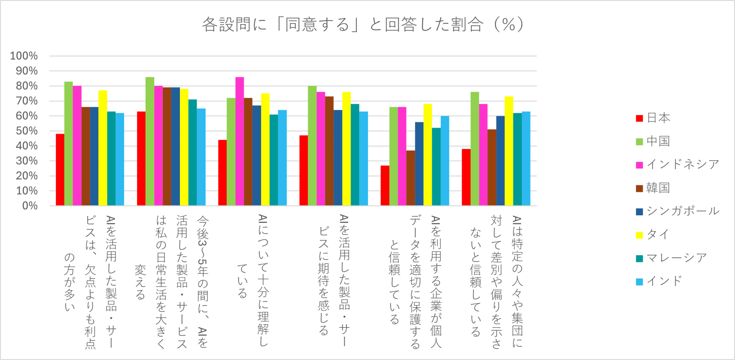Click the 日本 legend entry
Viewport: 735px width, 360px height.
click(x=653, y=118)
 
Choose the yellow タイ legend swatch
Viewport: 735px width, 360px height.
click(x=639, y=235)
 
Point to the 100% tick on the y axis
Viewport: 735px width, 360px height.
click(x=24, y=56)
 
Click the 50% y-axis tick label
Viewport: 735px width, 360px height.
click(x=26, y=131)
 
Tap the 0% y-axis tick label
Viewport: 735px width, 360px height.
click(x=29, y=206)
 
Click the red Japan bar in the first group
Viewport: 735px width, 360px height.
click(x=60, y=170)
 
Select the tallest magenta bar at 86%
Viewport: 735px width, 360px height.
click(x=240, y=141)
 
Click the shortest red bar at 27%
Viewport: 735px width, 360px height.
click(x=385, y=186)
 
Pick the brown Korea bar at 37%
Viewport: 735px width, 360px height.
click(x=411, y=178)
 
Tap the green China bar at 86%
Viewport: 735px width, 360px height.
click(x=150, y=141)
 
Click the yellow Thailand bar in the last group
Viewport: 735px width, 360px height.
click(x=509, y=151)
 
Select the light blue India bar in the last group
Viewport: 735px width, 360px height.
click(x=526, y=159)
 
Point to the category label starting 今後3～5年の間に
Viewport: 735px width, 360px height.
click(x=171, y=282)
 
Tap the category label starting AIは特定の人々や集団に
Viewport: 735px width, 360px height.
click(x=496, y=282)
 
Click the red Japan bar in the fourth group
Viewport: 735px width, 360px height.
click(x=304, y=170)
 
